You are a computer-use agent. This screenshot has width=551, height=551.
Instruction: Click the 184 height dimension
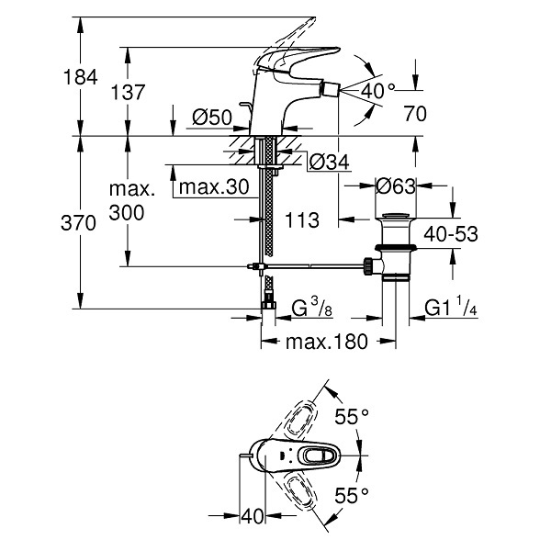[80, 77]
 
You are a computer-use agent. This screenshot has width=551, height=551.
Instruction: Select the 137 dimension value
[128, 93]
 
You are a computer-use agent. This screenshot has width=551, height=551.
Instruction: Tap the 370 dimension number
[78, 223]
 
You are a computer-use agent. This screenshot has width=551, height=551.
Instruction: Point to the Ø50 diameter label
[212, 117]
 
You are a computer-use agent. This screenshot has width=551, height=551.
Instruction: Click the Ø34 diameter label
[330, 162]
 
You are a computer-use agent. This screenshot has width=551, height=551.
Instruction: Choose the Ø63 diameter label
[395, 186]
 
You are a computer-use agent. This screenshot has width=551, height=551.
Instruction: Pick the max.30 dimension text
[214, 187]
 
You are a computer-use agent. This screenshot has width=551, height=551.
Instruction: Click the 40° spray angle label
[377, 91]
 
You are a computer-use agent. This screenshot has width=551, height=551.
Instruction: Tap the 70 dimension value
[415, 114]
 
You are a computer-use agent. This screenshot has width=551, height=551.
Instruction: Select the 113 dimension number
[302, 220]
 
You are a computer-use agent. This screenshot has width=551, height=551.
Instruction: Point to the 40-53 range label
[451, 234]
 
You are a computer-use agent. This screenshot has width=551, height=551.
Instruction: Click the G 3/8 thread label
[312, 307]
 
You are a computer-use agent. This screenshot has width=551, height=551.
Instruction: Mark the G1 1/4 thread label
[451, 307]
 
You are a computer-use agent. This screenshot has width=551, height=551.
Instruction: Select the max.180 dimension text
[327, 342]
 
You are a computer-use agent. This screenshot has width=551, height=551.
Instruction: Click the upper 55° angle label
[352, 417]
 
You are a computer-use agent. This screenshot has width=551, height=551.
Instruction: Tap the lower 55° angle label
[352, 496]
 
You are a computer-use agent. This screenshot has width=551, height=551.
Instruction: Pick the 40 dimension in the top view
[253, 516]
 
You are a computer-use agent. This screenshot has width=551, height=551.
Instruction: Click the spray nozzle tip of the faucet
[331, 90]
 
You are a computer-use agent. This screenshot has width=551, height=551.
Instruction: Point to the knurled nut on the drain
[367, 266]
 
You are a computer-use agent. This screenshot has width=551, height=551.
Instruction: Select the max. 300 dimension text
[131, 201]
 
